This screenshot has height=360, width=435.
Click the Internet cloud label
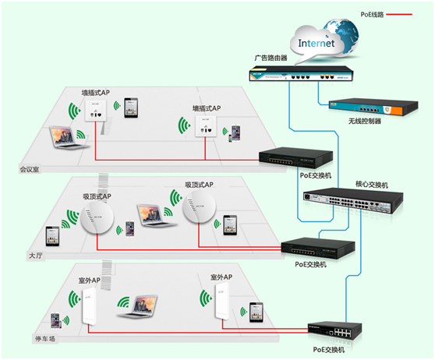coord(316,44)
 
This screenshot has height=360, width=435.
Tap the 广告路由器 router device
coord(301,74)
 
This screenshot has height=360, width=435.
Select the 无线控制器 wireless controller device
coord(373,107)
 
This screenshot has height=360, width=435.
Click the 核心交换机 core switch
coord(353,200)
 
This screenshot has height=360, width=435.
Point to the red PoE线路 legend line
coord(399,14)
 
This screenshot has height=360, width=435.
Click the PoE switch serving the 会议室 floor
coord(295,158)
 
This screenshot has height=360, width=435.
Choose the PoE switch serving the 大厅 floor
coord(318,249)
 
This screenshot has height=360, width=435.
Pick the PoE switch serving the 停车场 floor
coord(335,331)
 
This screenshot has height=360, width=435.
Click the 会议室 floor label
coord(29,169)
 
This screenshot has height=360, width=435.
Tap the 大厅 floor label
coord(36,256)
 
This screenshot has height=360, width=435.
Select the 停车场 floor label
coord(45,339)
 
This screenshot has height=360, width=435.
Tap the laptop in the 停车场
coord(137,306)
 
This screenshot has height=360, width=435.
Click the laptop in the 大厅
coord(156,216)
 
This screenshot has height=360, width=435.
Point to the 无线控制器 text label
coord(365,122)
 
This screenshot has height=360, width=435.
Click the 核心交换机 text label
coord(372,185)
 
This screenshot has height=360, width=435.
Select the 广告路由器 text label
coord(271,58)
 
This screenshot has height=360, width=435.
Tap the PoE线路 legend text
coord(372,15)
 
